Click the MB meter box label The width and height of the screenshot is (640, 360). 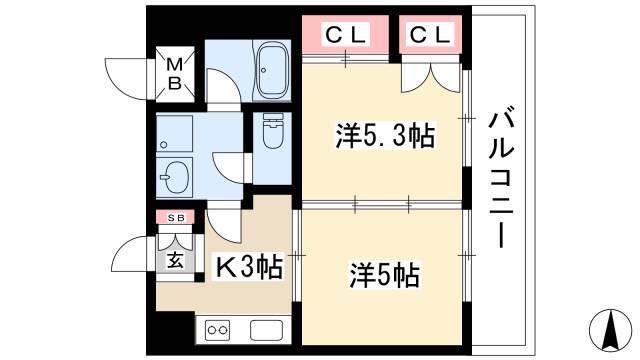click(x=175, y=74)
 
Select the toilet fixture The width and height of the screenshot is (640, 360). click(x=272, y=130)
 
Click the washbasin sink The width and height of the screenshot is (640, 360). click(x=174, y=178)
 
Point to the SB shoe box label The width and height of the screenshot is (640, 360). click(x=176, y=218)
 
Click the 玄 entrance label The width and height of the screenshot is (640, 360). click(x=176, y=260)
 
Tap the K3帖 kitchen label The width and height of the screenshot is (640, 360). click(x=248, y=267)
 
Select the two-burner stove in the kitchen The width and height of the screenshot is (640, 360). click(x=217, y=331)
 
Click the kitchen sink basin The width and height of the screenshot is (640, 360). click(x=267, y=331)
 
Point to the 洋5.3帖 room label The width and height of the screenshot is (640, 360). click(x=385, y=135)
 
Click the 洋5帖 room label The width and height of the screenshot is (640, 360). click(x=384, y=275)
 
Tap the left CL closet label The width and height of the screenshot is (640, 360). click(x=345, y=35)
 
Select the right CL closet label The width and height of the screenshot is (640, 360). click(x=430, y=35)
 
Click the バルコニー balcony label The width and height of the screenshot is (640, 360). click(x=501, y=177)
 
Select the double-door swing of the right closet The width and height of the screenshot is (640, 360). click(x=432, y=78)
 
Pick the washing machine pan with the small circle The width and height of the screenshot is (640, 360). click(x=174, y=133)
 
